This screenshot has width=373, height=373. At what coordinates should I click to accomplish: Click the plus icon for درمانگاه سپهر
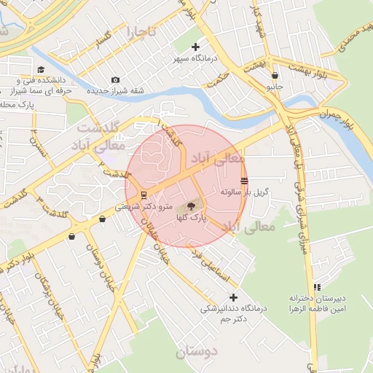(x=196, y=47)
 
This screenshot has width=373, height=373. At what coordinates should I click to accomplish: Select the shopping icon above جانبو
(x=274, y=75)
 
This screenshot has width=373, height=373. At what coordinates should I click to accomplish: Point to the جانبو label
(x=274, y=86)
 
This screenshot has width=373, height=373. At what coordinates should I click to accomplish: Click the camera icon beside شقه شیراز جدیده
(x=115, y=80)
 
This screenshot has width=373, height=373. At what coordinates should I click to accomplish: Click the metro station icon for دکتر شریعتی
(x=144, y=195)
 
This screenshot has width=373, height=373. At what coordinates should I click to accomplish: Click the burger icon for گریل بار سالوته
(x=243, y=181)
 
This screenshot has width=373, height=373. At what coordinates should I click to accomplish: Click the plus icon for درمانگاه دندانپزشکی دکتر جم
(x=233, y=297)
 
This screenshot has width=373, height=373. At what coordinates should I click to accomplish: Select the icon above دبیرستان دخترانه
(x=316, y=287)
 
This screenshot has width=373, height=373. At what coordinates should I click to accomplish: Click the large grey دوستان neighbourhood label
(x=197, y=352)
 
